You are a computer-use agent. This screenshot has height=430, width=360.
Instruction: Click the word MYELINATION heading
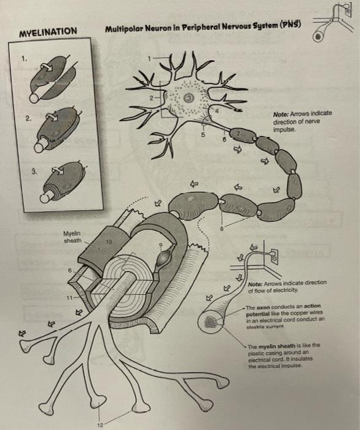[x=49, y=32]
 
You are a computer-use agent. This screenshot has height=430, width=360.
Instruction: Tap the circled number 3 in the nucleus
[x=189, y=97]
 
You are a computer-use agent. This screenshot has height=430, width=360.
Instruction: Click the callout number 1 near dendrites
[x=149, y=58]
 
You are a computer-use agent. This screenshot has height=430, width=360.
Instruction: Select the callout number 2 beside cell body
[x=151, y=98]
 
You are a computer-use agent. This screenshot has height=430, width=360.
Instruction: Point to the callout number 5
[x=203, y=135]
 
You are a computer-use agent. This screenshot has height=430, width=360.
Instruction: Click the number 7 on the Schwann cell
[x=238, y=133]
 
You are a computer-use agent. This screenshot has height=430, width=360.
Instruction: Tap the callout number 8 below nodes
[x=222, y=229]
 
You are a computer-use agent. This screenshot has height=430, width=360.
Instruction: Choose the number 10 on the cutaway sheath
[x=109, y=241]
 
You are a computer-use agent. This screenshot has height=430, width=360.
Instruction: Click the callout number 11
[x=69, y=297]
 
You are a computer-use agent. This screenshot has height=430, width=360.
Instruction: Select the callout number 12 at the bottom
[x=100, y=425]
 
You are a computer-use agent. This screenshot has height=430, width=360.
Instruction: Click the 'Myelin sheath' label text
[x=72, y=237]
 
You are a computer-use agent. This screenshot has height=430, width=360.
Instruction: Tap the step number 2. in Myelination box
[x=28, y=119]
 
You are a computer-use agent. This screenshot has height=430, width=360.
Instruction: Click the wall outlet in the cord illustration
[x=274, y=256]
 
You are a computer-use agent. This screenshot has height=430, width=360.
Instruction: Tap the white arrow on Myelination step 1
[x=47, y=67]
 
